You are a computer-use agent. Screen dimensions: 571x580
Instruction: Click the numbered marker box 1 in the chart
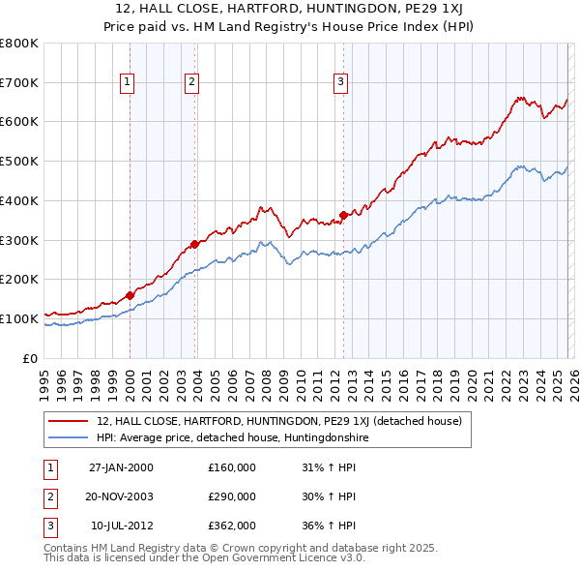coord(129,83)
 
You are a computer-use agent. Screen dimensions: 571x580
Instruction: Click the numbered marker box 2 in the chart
coord(192,83)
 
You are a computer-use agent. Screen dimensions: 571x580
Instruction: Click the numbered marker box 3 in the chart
coord(341,83)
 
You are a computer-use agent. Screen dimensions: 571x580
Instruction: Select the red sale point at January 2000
coord(130,294)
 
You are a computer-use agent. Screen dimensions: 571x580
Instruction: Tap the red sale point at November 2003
coord(194,244)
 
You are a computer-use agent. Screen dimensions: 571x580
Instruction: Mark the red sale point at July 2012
coord(343,215)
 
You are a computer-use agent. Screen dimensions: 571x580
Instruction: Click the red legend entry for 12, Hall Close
coord(279,421)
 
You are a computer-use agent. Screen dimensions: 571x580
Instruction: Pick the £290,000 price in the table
coord(232,496)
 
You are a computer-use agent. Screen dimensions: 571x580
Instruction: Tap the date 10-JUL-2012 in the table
coord(122,526)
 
